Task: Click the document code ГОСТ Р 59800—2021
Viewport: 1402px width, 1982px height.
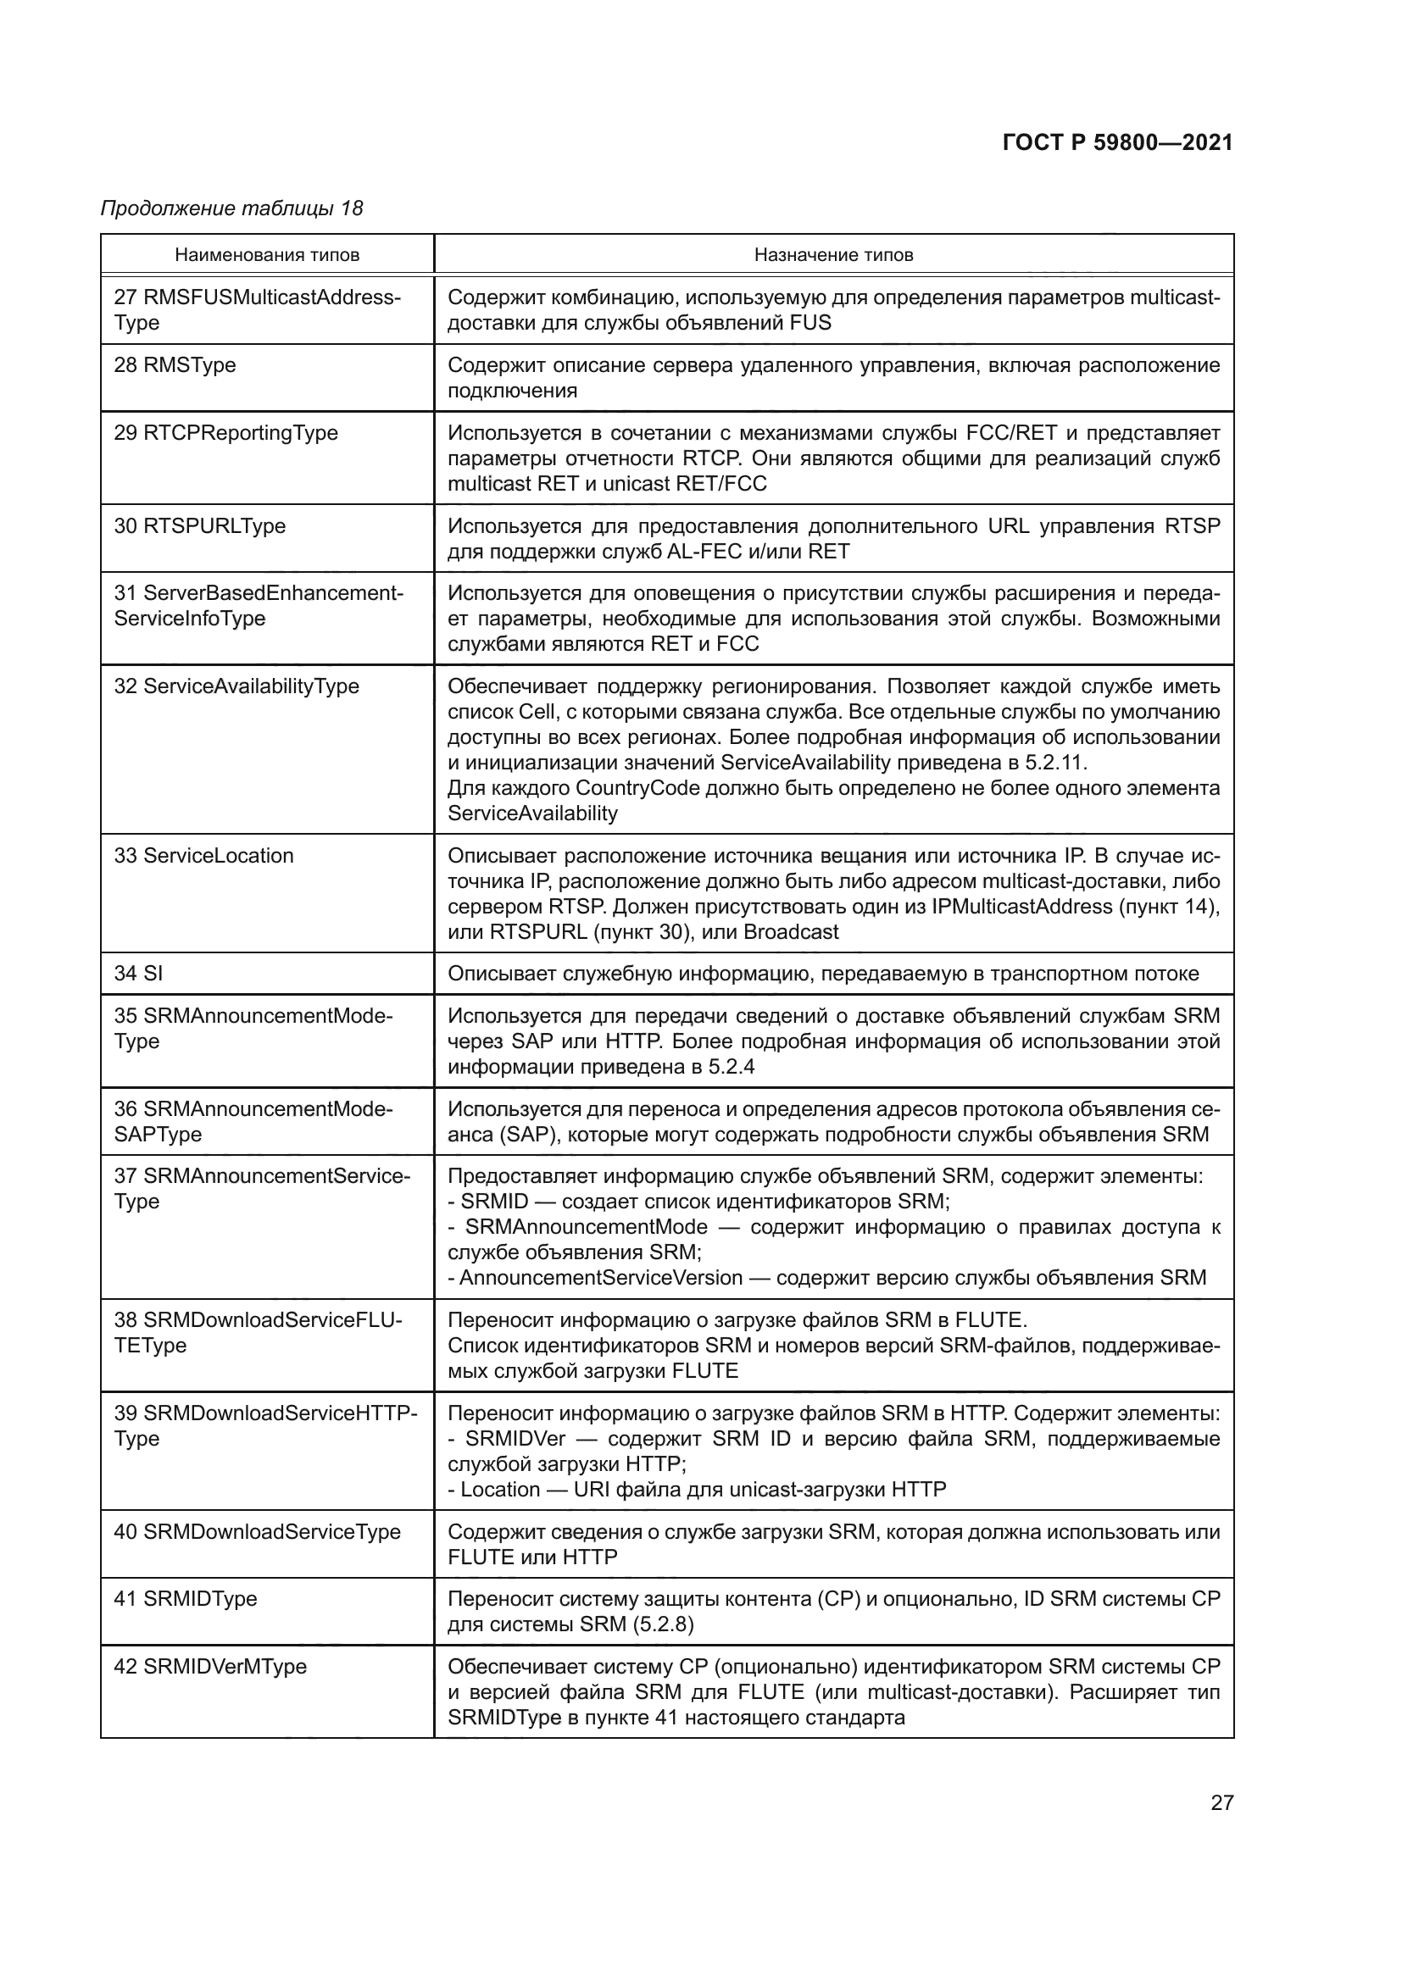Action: (x=1117, y=142)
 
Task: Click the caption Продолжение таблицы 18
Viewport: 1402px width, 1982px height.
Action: (x=231, y=208)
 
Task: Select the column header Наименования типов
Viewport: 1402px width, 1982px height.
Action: (x=267, y=255)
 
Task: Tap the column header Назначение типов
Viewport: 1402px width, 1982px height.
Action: (x=833, y=255)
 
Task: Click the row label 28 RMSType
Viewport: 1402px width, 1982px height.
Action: (x=175, y=365)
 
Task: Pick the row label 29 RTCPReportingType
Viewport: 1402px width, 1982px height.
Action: (x=226, y=433)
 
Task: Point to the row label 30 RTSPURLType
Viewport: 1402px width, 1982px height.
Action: (x=199, y=526)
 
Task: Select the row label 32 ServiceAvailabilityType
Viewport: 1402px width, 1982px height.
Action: (x=236, y=687)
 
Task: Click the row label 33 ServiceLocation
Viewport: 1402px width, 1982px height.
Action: (x=203, y=857)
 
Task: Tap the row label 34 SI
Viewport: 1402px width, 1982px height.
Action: (x=138, y=974)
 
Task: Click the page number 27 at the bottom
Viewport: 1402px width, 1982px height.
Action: (x=1221, y=1803)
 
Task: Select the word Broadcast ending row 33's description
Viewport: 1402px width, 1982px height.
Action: (x=791, y=932)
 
